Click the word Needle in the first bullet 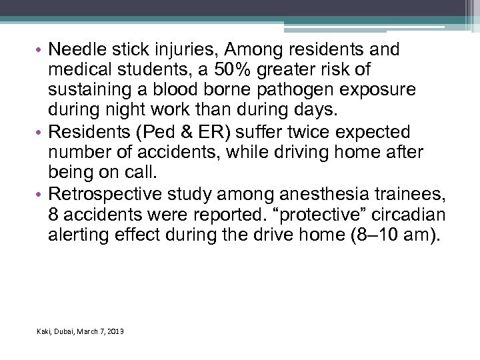coord(73,50)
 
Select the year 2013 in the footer coord(114,331)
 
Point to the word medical coord(74,70)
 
